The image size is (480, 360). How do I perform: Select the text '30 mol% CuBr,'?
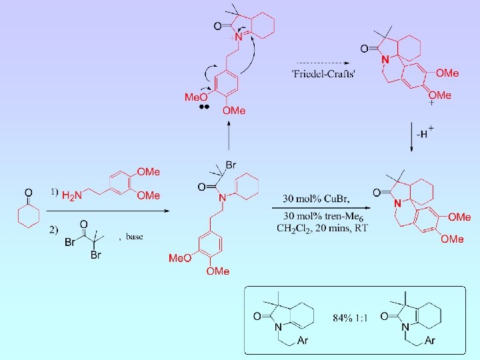pyautogui.click(x=317, y=199)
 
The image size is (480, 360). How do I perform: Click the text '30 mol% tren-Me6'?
pyautogui.click(x=323, y=216)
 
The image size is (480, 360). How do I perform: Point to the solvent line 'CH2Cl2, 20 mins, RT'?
pyautogui.click(x=322, y=228)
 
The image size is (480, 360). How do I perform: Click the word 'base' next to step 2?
pyautogui.click(x=133, y=236)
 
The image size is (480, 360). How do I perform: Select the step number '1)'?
pyautogui.click(x=54, y=193)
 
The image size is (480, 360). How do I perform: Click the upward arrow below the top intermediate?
pyautogui.click(x=229, y=139)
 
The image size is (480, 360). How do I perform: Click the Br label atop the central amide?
pyautogui.click(x=231, y=165)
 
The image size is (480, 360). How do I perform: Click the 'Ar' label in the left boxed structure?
pyautogui.click(x=302, y=341)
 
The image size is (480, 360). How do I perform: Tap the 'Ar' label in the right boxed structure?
pyautogui.click(x=429, y=341)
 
